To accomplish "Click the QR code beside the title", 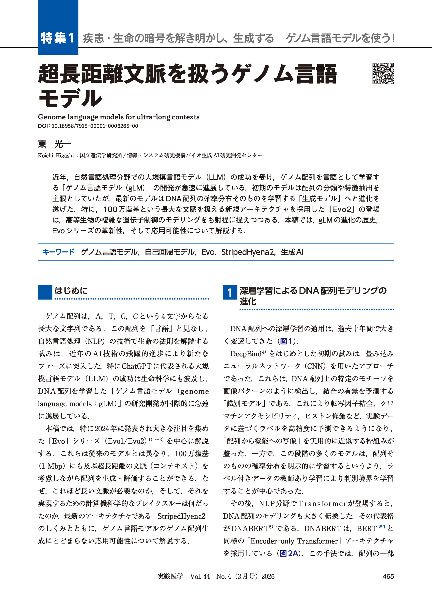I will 383,74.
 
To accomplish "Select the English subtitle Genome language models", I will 118,117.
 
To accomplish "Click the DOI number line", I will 88,126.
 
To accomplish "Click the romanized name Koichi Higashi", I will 56,156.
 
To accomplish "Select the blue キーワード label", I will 59,252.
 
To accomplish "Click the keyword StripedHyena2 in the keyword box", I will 249,252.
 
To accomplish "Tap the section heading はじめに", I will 71,290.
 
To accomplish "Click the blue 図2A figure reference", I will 289,553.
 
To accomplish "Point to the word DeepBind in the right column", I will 246,354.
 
